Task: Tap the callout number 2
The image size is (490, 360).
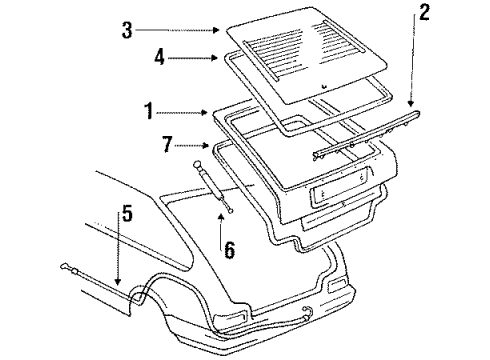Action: pos(424,13)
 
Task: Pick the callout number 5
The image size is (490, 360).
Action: pos(126,212)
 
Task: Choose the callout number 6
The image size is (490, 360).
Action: pos(229,250)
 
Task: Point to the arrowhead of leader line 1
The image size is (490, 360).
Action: pos(211,113)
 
